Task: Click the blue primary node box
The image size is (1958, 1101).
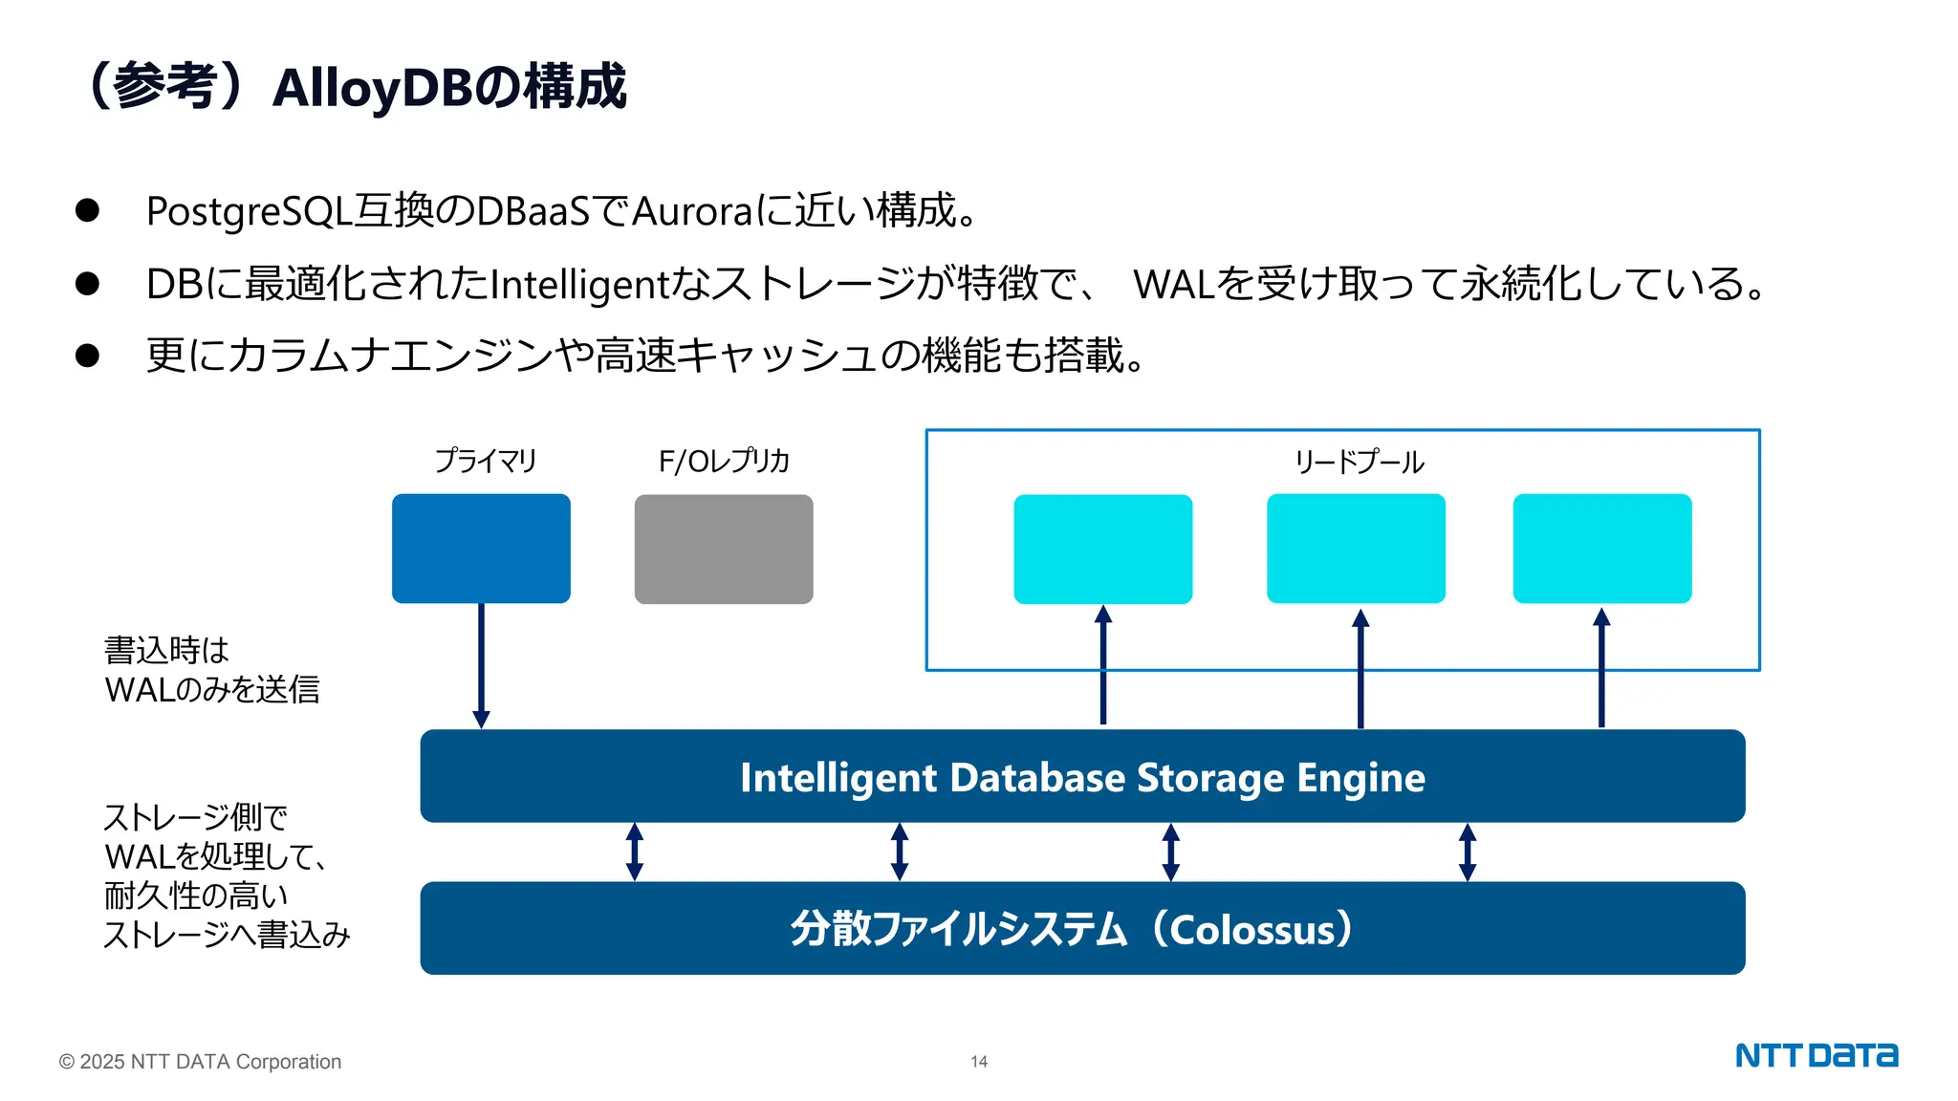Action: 481,548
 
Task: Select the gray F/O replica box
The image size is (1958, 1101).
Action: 724,549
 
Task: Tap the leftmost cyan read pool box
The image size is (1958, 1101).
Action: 1102,549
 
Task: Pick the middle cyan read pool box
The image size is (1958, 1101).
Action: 1356,548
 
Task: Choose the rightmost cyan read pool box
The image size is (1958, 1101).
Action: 1602,548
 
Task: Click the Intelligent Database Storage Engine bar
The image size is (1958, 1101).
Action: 1082,776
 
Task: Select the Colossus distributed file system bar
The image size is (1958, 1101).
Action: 1082,928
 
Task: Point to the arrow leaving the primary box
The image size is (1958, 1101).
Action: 481,665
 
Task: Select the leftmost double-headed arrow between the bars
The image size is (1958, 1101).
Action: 635,852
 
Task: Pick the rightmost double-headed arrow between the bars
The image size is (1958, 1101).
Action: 1468,852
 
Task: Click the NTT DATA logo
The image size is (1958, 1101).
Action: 1817,1056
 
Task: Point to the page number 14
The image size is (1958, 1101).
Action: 979,1062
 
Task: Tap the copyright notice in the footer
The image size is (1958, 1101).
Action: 200,1062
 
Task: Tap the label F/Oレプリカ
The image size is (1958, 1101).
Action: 724,462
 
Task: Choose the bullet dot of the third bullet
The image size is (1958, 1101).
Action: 87,356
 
